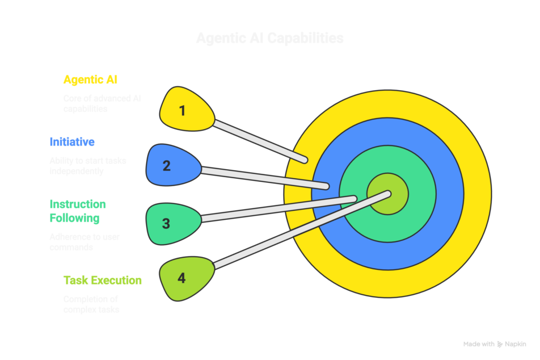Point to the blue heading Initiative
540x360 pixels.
pos(72,142)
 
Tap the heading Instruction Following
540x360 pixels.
pos(78,211)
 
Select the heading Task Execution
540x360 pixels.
pos(102,280)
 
